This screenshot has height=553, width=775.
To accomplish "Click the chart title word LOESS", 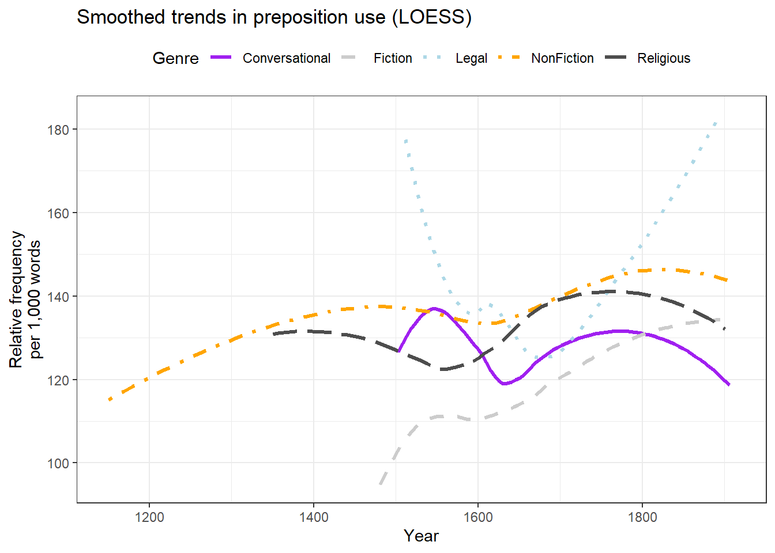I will pyautogui.click(x=431, y=17).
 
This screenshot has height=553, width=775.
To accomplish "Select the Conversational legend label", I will pyautogui.click(x=286, y=58).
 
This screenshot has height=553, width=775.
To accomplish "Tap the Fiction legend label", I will pyautogui.click(x=393, y=58).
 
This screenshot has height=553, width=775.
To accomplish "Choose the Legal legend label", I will pyautogui.click(x=471, y=58).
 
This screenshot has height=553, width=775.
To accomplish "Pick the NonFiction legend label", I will pyautogui.click(x=562, y=58).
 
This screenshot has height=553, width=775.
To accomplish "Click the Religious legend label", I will pyautogui.click(x=664, y=58).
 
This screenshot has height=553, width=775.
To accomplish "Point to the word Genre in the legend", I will pyautogui.click(x=175, y=58).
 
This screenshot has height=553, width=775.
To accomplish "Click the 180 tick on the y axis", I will pyautogui.click(x=58, y=130).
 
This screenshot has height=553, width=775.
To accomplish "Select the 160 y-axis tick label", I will pyautogui.click(x=58, y=213).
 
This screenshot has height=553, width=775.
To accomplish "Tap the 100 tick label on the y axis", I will pyautogui.click(x=58, y=463).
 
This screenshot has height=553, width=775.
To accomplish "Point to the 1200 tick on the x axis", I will pyautogui.click(x=149, y=517).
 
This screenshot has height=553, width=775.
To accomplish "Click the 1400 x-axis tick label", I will pyautogui.click(x=314, y=517).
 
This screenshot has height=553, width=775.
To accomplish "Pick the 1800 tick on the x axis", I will pyautogui.click(x=642, y=517).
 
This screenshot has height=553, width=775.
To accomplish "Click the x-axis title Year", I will pyautogui.click(x=421, y=536).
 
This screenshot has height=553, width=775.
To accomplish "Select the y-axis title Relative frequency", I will pyautogui.click(x=16, y=299).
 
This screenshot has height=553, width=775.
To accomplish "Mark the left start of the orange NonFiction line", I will pyautogui.click(x=110, y=400).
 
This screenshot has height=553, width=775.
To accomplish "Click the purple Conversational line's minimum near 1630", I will pyautogui.click(x=505, y=384).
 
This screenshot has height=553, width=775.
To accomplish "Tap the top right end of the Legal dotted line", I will pyautogui.click(x=716, y=122).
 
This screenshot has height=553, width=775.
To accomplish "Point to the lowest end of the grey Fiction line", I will pyautogui.click(x=380, y=484).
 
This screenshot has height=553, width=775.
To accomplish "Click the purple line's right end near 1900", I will pyautogui.click(x=729, y=385).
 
